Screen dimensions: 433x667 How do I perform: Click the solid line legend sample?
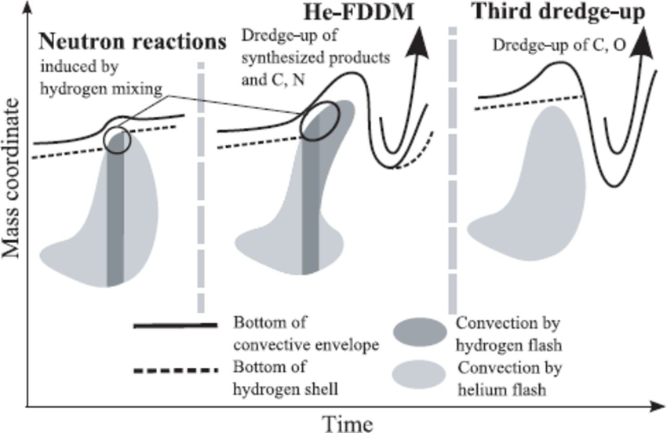point(174,324)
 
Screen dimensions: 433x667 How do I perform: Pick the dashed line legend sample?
point(174,366)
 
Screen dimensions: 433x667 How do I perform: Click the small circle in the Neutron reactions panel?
point(117,136)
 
